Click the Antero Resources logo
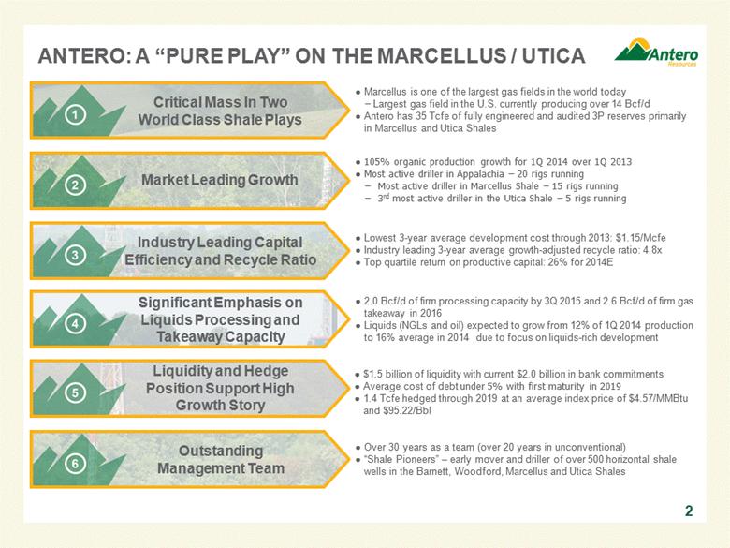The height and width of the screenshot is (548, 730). click(656, 52)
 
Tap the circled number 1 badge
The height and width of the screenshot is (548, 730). click(75, 114)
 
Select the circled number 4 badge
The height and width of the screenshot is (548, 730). click(75, 323)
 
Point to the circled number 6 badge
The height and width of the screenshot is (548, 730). click(75, 463)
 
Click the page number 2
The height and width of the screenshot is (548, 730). click(689, 511)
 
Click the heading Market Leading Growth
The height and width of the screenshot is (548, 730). click(219, 180)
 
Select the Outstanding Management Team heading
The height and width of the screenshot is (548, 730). click(221, 459)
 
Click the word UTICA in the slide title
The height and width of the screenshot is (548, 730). click(553, 56)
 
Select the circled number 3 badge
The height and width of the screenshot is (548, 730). click(75, 255)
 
